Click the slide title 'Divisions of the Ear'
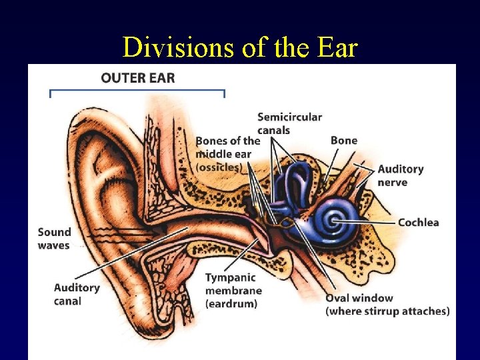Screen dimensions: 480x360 (240, 47)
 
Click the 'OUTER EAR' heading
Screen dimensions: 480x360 (137, 78)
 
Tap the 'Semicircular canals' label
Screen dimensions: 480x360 (289, 123)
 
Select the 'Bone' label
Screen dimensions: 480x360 (344, 140)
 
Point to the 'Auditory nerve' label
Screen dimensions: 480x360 (400, 175)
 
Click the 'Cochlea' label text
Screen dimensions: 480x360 (418, 222)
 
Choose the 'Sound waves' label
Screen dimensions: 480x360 (54, 239)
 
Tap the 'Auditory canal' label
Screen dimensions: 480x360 (77, 294)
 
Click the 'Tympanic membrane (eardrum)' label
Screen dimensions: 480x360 (233, 290)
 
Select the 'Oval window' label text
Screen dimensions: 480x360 (359, 298)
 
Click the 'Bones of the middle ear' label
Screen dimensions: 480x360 (227, 147)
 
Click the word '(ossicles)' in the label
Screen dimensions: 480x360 (217, 167)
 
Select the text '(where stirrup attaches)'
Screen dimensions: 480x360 (387, 311)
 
